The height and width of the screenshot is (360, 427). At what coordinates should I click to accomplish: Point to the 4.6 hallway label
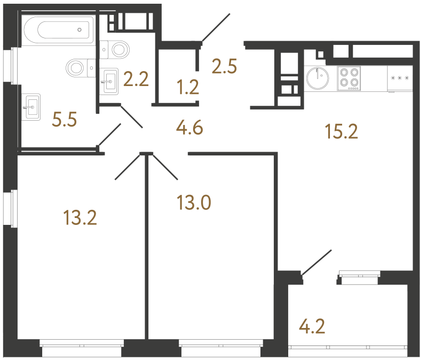189,129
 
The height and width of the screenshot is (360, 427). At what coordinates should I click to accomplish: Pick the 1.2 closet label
188,87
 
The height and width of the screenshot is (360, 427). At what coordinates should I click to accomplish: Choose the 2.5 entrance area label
224,67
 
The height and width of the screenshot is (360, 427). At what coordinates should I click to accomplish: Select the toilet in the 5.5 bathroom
78,67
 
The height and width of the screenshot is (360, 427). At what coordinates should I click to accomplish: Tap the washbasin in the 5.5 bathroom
32,107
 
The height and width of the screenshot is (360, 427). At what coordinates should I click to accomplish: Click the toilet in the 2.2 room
118,50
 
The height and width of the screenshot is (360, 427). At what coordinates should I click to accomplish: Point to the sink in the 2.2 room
110,81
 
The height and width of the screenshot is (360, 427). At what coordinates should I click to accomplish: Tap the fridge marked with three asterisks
400,79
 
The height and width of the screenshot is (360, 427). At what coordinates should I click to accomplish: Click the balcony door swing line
318,262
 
